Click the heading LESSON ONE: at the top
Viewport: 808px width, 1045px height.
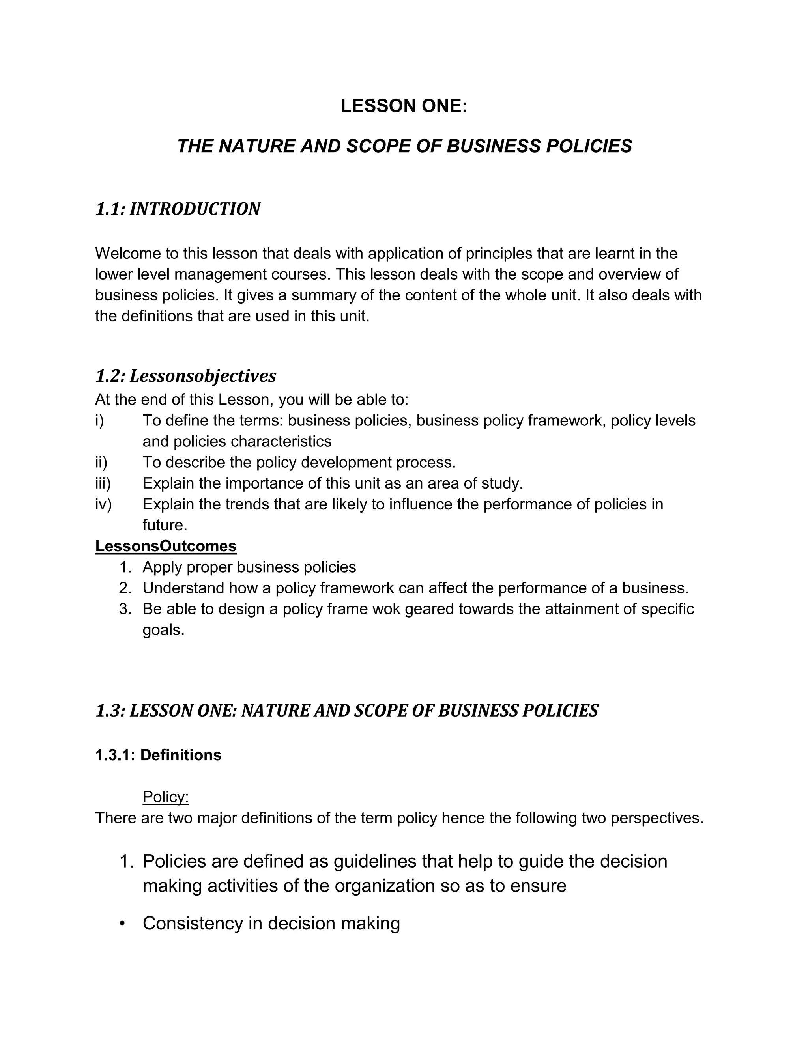[404, 106]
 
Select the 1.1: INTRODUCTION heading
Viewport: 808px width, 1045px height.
[178, 209]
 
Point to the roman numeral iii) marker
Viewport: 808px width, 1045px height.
[103, 483]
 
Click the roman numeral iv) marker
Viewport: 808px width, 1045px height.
[103, 504]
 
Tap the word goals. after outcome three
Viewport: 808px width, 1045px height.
[163, 630]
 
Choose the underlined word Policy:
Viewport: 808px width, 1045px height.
[166, 797]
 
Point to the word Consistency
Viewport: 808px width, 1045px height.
[193, 924]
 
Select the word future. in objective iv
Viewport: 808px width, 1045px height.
[165, 525]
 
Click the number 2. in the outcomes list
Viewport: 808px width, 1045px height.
[125, 588]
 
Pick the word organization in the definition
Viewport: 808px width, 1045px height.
[384, 886]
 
